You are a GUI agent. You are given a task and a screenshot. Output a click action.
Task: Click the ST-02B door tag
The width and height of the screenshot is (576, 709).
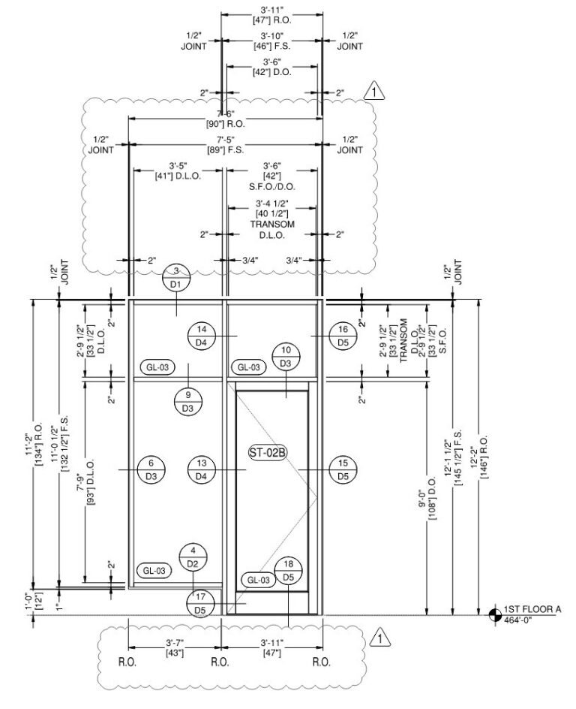[x=268, y=452]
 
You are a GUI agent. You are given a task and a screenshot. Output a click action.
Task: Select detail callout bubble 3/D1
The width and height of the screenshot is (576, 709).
[x=176, y=278]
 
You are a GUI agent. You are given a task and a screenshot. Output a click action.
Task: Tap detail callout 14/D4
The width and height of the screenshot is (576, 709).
[x=201, y=336]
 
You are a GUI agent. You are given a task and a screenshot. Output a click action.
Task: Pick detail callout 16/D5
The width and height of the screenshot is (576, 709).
[x=343, y=336]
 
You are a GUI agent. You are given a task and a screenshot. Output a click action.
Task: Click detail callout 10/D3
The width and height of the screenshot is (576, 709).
[x=286, y=357]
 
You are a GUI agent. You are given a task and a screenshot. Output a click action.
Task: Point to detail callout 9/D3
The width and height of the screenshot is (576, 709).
[x=187, y=402]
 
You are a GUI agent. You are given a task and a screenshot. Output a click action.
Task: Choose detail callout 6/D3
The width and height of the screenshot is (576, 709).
[x=151, y=470]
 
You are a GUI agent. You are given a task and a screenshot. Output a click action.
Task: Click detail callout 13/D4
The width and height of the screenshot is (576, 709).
[x=201, y=470]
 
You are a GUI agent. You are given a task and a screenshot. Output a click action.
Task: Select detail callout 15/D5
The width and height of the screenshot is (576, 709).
[x=343, y=470]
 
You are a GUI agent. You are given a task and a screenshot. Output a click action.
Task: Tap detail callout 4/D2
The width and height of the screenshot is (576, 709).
[x=193, y=557]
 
